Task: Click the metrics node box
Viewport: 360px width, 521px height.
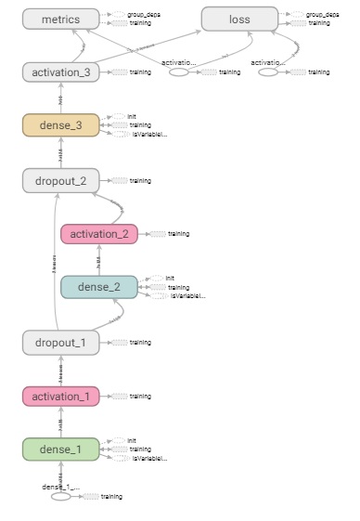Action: coord(60,19)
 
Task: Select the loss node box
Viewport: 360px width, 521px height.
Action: coord(239,19)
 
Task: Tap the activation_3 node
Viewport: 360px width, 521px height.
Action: coord(60,72)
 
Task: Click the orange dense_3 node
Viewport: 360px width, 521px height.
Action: coord(60,125)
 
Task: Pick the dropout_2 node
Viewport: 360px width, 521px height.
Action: coord(60,180)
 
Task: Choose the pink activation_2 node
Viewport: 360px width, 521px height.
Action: coord(98,234)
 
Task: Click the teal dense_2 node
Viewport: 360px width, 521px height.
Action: coord(98,287)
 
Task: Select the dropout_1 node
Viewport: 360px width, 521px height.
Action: coord(60,343)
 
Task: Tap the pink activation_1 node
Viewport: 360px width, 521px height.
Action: coord(60,397)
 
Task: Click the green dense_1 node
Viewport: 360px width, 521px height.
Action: coord(60,450)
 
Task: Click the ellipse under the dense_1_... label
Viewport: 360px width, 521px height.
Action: coord(60,497)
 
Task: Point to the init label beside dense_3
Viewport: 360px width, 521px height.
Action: coord(132,116)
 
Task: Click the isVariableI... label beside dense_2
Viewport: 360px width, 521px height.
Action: coord(187,296)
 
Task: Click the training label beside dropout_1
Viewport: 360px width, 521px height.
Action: coord(140,343)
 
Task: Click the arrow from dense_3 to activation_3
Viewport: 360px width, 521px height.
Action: coord(60,98)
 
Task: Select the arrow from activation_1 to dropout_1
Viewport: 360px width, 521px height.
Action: coord(60,370)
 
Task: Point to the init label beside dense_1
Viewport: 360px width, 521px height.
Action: coord(132,440)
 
